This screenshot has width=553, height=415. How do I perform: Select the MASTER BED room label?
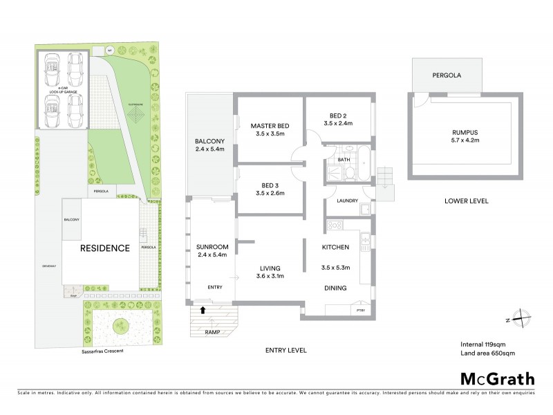click(269, 125)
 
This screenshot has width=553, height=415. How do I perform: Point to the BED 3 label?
click(270, 185)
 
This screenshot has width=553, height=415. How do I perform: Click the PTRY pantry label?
click(360, 311)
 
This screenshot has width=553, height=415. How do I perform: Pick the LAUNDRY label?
click(346, 201)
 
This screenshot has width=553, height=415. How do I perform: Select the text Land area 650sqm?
click(488, 353)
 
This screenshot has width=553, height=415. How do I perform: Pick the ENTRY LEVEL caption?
click(285, 351)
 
